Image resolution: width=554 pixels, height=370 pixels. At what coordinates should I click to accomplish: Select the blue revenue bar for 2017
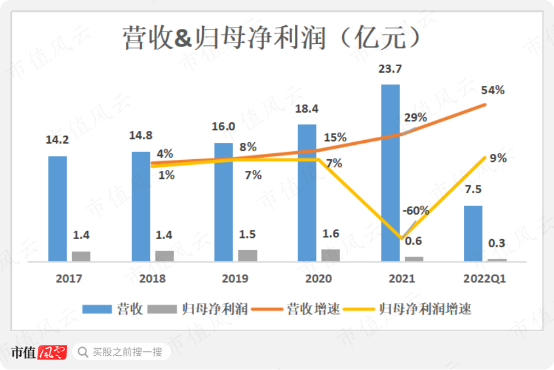coord(57,209)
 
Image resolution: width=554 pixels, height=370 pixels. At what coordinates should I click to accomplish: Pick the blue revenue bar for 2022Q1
coord(473,233)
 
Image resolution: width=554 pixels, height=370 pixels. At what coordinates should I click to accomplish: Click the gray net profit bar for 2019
coord(248,256)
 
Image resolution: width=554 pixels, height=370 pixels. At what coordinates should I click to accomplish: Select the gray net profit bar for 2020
coord(330,255)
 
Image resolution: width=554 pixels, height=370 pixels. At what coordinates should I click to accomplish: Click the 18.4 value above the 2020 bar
coord(307,109)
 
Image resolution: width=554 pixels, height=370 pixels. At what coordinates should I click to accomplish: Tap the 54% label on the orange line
coord(493,90)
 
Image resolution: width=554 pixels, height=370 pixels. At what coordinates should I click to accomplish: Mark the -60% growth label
coord(416,210)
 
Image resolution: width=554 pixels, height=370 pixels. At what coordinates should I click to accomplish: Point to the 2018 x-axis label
coord(152,279)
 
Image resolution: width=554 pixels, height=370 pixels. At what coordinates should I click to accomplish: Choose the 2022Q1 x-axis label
coord(485,279)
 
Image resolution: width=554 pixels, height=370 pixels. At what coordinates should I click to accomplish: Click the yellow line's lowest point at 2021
coord(402,239)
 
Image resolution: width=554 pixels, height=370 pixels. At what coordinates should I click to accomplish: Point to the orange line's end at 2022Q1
coord(485,104)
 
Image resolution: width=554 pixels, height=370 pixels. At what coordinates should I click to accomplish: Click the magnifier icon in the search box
coord(83,352)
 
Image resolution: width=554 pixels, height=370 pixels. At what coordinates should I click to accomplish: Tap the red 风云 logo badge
coord(53,352)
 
